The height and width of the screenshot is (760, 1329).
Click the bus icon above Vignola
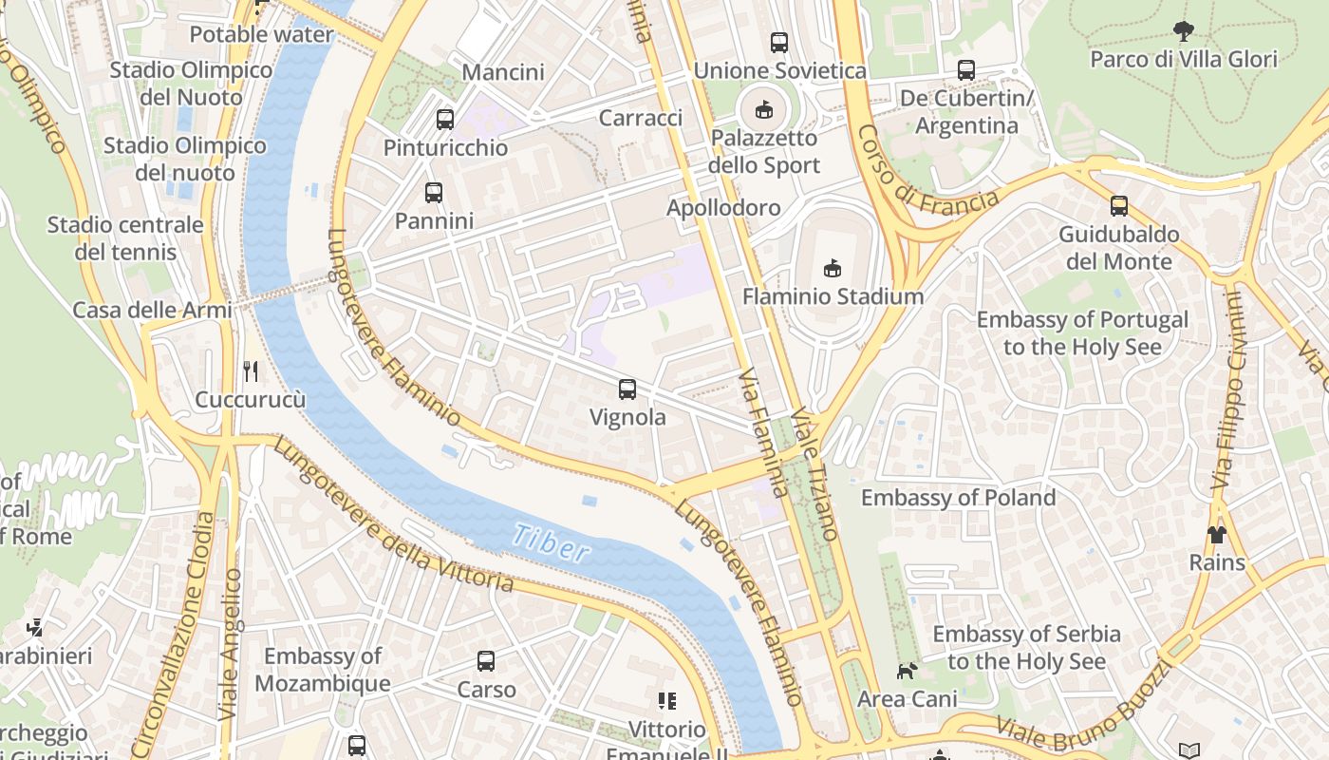click(627, 389)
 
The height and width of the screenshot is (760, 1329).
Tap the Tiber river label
click(551, 542)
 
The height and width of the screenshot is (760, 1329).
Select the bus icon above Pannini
click(434, 192)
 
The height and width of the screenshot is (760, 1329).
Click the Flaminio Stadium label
click(833, 296)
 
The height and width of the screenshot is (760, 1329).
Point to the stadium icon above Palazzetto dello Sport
click(764, 109)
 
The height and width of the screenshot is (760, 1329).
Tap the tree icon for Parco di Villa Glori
click(1183, 31)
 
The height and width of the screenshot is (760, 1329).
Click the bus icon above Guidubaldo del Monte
click(1119, 205)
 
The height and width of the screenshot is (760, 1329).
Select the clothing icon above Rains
click(1217, 534)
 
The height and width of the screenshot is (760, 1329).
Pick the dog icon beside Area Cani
click(907, 671)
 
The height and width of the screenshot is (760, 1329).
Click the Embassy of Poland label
click(958, 498)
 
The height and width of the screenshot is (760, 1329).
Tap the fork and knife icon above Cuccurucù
click(251, 370)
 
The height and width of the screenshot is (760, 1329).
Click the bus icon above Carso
click(486, 660)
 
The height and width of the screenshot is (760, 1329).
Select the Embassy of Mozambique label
click(323, 670)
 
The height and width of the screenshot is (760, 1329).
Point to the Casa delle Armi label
click(152, 310)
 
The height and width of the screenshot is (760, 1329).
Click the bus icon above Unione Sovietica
click(778, 42)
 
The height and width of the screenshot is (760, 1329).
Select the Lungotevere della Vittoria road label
click(394, 518)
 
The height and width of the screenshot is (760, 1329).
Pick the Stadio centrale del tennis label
click(125, 238)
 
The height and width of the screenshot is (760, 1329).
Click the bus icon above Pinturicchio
click(444, 120)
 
